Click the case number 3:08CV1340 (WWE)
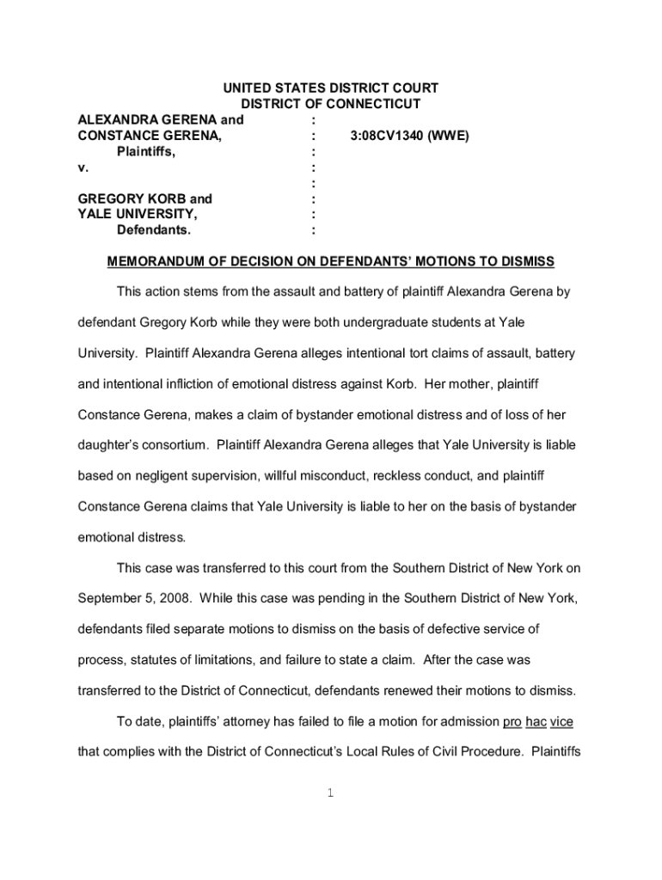409,135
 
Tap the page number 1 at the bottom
330,792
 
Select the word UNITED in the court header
248,89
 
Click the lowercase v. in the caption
83,167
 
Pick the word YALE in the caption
95,214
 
